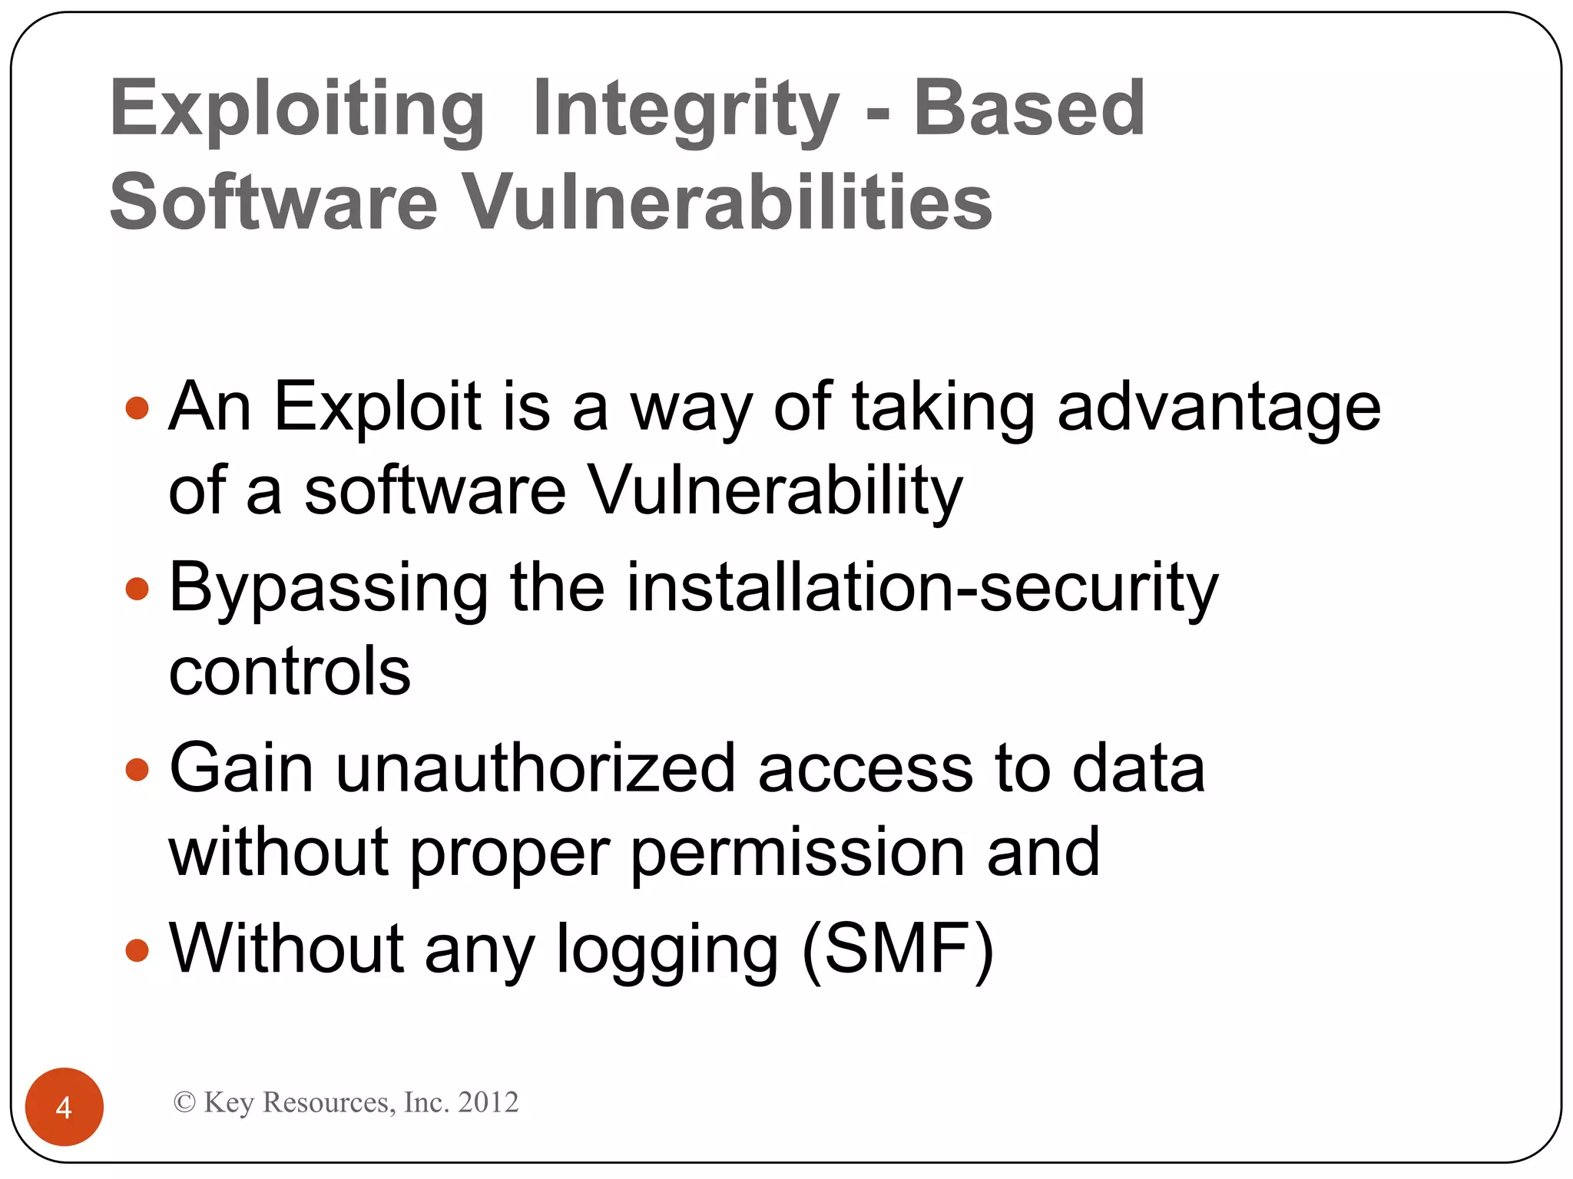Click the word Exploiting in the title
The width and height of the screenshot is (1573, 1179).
point(297,109)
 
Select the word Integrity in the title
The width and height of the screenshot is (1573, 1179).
point(685,109)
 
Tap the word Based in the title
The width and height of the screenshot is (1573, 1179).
point(1028,109)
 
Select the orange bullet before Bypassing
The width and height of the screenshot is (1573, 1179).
point(137,589)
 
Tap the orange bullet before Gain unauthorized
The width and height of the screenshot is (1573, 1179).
point(137,769)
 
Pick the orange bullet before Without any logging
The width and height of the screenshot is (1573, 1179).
point(137,950)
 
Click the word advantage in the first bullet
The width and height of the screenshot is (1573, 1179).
point(1219,408)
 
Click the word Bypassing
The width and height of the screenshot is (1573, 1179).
point(329,589)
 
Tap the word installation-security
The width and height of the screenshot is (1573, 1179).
point(922,587)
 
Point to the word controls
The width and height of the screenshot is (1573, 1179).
point(290,671)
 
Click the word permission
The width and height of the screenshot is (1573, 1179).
point(798,853)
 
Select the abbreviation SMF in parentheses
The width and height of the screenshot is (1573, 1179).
point(898,949)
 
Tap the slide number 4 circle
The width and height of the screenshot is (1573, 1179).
point(65,1107)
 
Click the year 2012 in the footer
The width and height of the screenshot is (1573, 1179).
point(488,1102)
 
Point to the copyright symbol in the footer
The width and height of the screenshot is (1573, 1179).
point(184,1102)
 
